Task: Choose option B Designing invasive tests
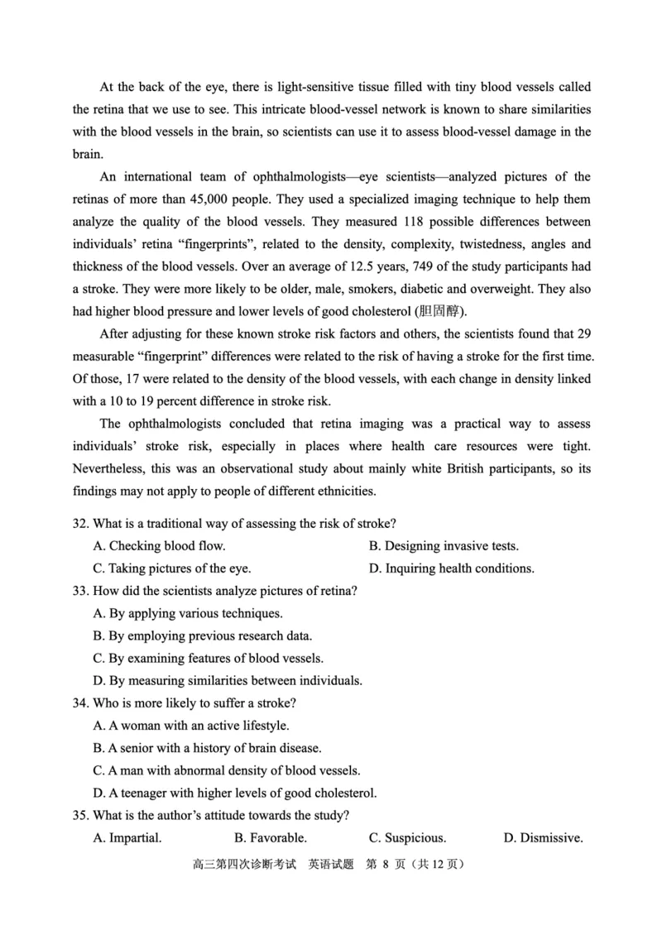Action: tap(444, 545)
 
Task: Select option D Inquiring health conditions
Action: tap(451, 568)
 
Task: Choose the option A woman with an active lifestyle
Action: tap(191, 726)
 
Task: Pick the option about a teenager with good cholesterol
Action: tap(235, 793)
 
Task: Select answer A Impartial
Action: tap(127, 837)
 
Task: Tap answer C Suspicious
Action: tap(407, 837)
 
